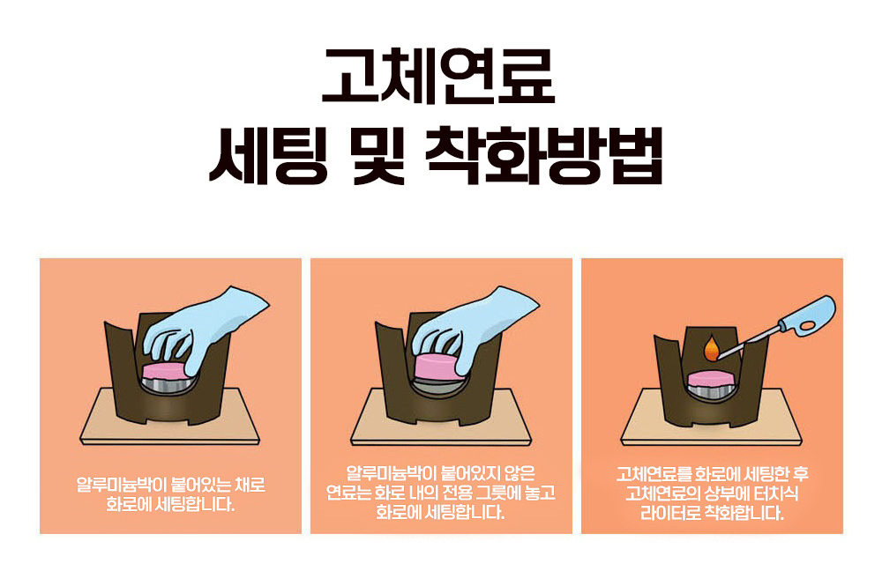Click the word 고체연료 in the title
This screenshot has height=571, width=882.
pyautogui.click(x=438, y=76)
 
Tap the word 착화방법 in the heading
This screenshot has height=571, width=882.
pyautogui.click(x=544, y=156)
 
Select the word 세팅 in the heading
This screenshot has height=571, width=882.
pyautogui.click(x=268, y=156)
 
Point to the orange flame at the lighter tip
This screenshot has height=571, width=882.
pyautogui.click(x=712, y=348)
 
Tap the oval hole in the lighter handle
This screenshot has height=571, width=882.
pyautogui.click(x=808, y=325)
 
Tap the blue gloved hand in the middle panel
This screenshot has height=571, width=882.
pyautogui.click(x=473, y=327)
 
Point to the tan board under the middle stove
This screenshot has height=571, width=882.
pyautogui.click(x=442, y=417)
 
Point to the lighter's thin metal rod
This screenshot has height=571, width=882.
pyautogui.click(x=749, y=338)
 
